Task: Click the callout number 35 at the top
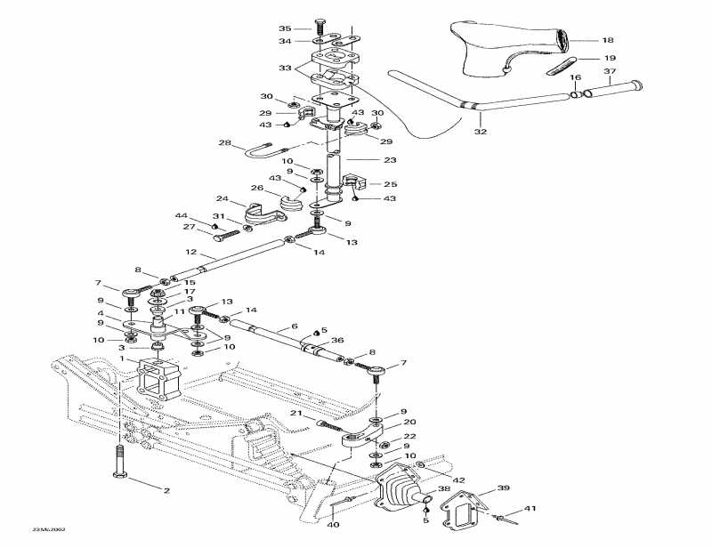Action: coord(285,28)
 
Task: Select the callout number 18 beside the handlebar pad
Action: coord(608,41)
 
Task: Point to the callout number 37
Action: coord(610,71)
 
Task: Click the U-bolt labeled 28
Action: coord(265,150)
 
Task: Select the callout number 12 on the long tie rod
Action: coord(190,252)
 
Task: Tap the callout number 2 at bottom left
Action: coord(165,489)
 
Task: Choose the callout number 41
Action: coord(531,508)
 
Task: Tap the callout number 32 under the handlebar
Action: coord(481,131)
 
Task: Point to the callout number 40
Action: coord(333,524)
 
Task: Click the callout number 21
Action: coord(296,414)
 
